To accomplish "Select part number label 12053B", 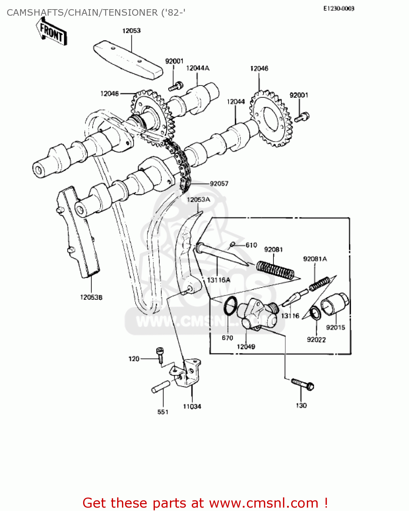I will pos(91,297).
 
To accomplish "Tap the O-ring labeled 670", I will pos(231,306).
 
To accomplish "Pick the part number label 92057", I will pos(219,184).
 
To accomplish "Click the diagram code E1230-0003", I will pos(339,9).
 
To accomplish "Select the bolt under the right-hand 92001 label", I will pos(302,118).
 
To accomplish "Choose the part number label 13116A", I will pos(219,280).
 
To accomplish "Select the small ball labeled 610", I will pos(233,244).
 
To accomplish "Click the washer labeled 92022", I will pos(315,313).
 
